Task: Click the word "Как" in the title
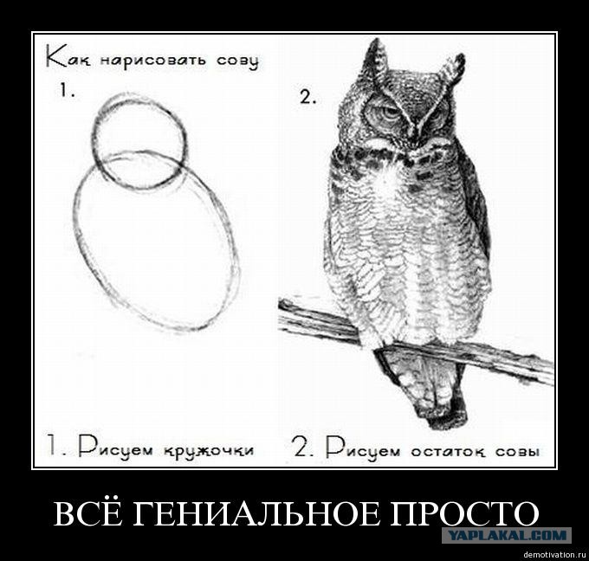point(68,56)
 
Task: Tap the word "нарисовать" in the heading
point(153,61)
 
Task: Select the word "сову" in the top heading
point(237,62)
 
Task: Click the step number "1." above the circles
point(68,91)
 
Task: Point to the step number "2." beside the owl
point(307,97)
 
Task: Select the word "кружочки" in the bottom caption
point(209,450)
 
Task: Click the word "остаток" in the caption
point(450,451)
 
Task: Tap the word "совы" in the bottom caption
point(517,451)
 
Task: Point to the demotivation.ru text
point(554,555)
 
